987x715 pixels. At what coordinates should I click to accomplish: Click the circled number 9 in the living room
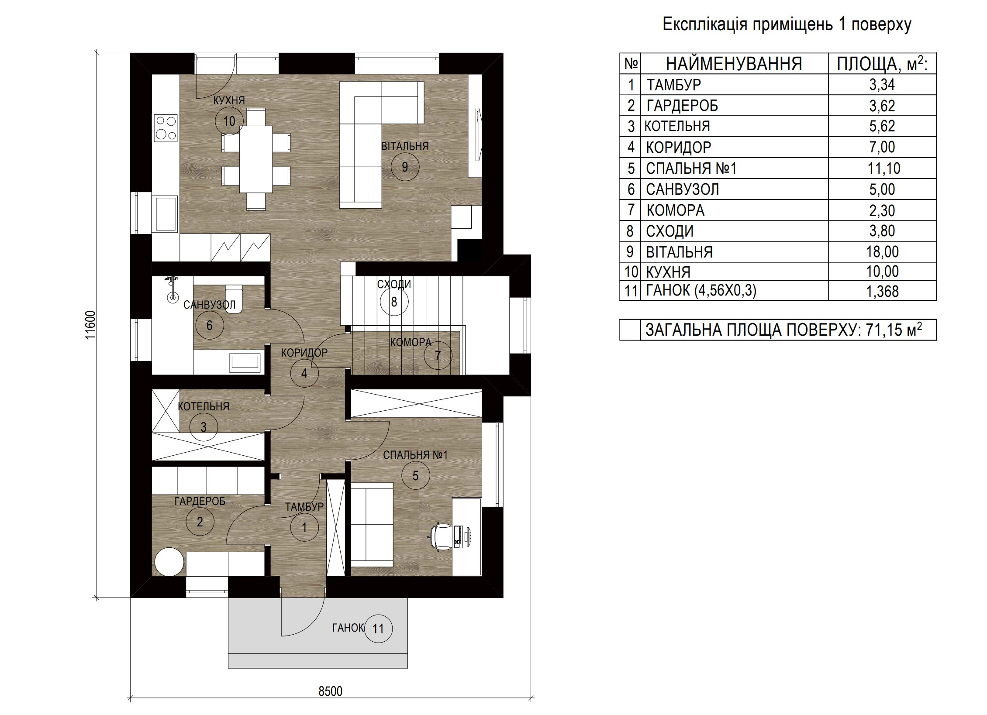click(x=405, y=166)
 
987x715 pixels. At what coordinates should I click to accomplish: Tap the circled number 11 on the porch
click(x=378, y=629)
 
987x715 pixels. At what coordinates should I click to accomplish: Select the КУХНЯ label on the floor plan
click(x=229, y=100)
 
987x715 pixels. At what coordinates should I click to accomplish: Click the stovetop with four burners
click(x=166, y=128)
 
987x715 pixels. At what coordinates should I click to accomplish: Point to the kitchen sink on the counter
click(x=166, y=214)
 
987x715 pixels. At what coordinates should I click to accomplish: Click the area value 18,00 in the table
click(x=882, y=252)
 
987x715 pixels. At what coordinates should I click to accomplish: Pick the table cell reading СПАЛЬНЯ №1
click(x=691, y=168)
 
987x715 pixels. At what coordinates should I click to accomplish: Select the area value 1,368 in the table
click(x=882, y=291)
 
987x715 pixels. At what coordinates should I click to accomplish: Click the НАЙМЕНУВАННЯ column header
click(x=734, y=64)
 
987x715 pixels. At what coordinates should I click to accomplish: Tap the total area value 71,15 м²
click(x=891, y=329)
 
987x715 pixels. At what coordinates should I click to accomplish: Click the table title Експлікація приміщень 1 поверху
click(x=787, y=24)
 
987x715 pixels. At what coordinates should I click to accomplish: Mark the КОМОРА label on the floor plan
click(x=411, y=343)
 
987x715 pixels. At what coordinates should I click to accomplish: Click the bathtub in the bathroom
click(x=245, y=363)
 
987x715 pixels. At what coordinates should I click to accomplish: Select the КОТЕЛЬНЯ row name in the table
click(x=677, y=126)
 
